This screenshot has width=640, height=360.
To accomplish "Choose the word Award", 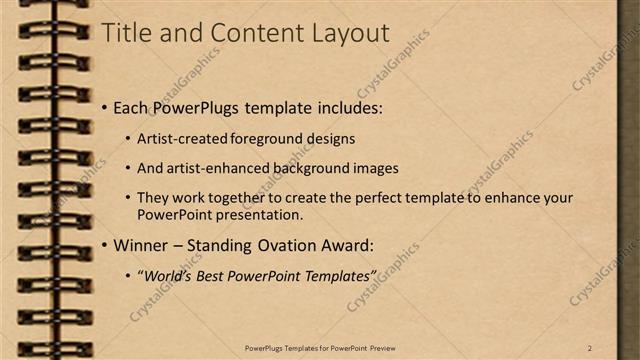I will [x=346, y=245].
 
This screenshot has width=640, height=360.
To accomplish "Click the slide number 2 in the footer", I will [x=590, y=347].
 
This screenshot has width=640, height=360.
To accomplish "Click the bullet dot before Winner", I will [x=104, y=245].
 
